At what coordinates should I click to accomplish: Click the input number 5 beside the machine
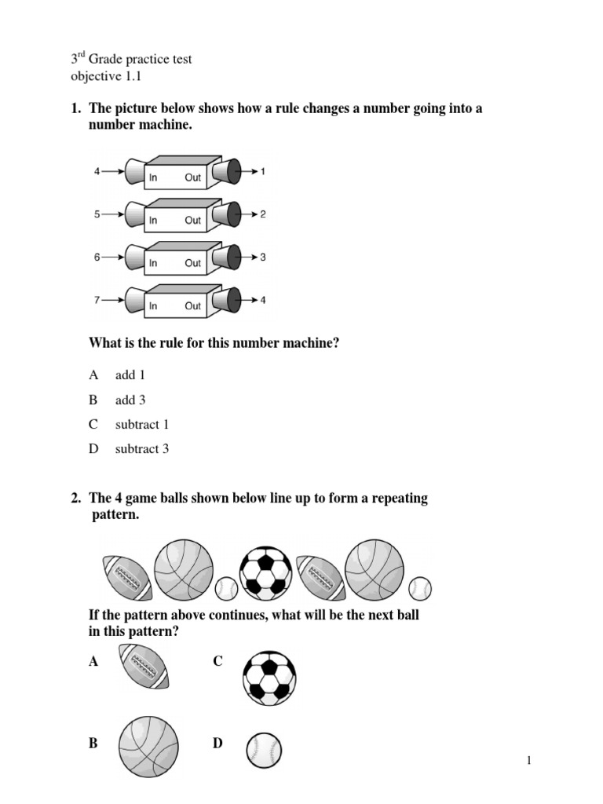pyautogui.click(x=97, y=213)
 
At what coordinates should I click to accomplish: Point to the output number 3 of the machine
pyautogui.click(x=264, y=256)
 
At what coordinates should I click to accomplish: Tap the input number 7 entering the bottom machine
pyautogui.click(x=97, y=299)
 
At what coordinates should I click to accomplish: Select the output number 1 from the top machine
pyautogui.click(x=264, y=170)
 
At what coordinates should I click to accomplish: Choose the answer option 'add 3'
pyautogui.click(x=130, y=400)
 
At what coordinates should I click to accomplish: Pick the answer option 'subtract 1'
pyautogui.click(x=141, y=425)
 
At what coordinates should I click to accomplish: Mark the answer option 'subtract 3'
pyautogui.click(x=141, y=449)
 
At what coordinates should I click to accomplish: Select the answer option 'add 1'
pyautogui.click(x=130, y=375)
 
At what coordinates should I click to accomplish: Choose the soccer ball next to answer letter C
pyautogui.click(x=269, y=678)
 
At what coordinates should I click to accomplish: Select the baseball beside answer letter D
pyautogui.click(x=264, y=750)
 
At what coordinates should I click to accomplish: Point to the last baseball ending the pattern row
pyautogui.click(x=421, y=587)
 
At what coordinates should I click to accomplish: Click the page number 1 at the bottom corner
pyautogui.click(x=529, y=760)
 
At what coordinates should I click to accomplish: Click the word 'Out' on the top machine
pyautogui.click(x=193, y=178)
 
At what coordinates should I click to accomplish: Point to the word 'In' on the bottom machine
pyautogui.click(x=154, y=306)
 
